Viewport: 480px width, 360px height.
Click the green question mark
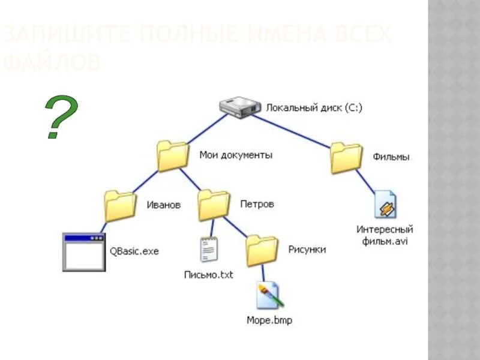coord(61,118)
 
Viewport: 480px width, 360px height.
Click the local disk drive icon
coord(240,107)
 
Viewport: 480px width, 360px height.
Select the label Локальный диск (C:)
coord(314,108)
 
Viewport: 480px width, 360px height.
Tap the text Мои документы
coord(236,155)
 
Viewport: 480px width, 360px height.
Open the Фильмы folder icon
coord(346,158)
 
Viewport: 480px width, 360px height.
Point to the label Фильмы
coord(391,157)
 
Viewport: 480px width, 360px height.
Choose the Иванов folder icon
coord(119,206)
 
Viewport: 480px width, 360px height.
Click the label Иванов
coord(164,205)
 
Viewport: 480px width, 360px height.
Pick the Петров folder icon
coord(213,205)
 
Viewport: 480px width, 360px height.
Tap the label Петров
coord(257,204)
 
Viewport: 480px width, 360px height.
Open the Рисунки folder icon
coord(262,250)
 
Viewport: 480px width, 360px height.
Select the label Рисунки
coord(307,249)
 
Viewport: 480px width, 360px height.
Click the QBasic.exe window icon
coord(84,252)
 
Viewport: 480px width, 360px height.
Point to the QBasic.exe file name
coord(134,251)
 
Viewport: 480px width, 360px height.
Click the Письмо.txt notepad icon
coord(208,250)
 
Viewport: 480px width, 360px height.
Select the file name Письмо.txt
coord(208,275)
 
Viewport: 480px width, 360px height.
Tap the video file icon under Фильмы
coord(385,205)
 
